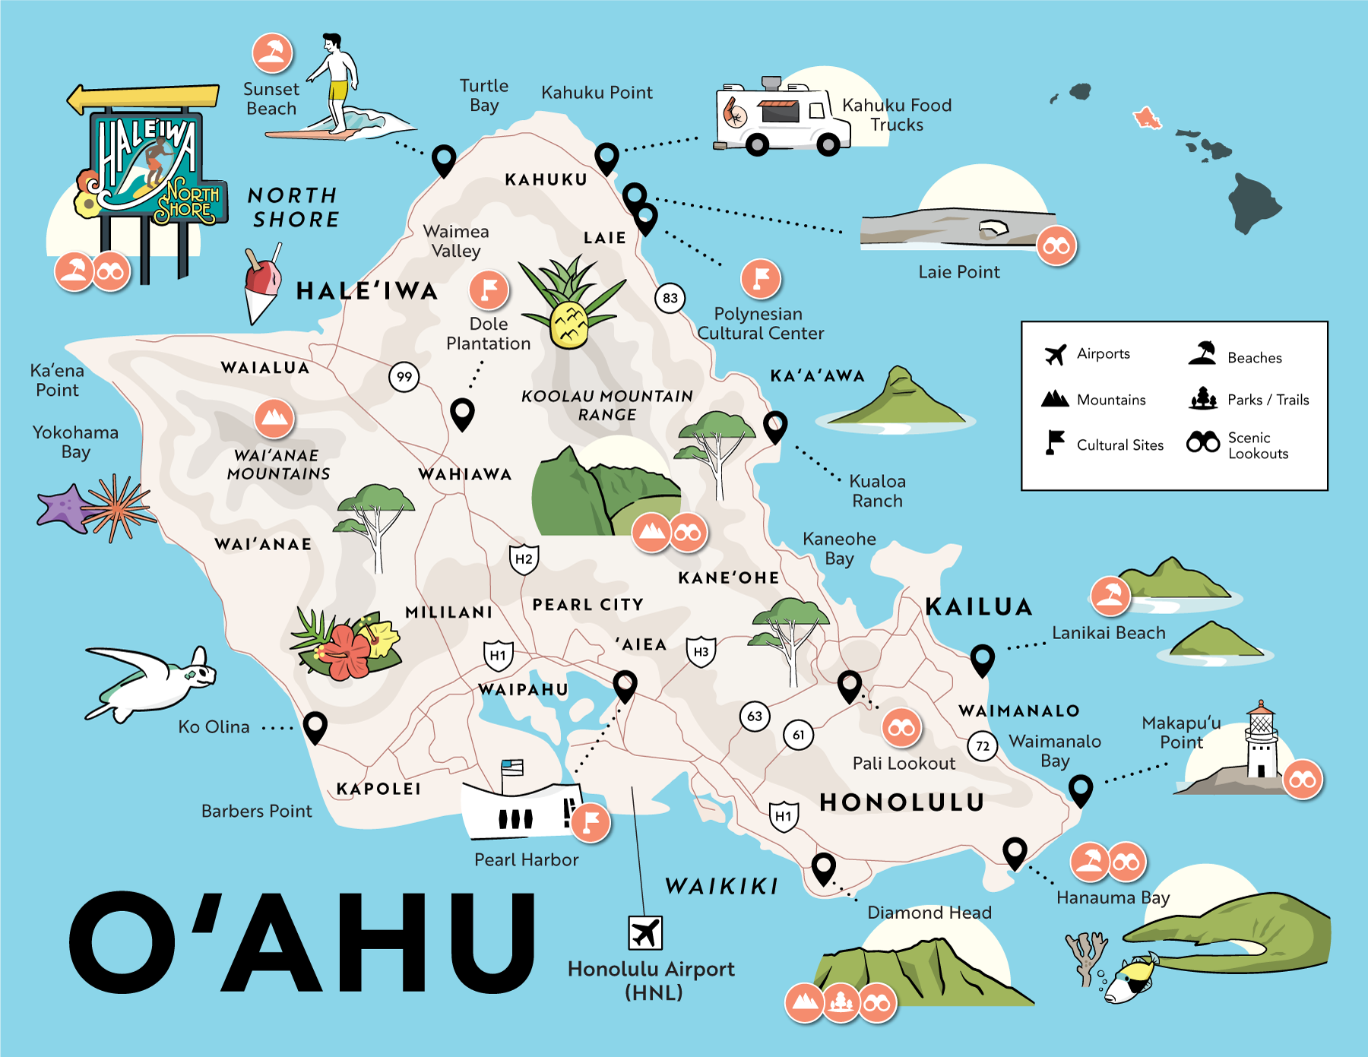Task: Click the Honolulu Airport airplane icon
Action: [x=645, y=932]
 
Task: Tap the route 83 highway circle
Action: [x=670, y=298]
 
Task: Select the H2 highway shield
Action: [x=524, y=559]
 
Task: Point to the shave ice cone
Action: [x=261, y=285]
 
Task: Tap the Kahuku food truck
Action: [x=775, y=118]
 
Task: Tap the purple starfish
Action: [x=64, y=508]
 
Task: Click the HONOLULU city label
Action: [x=901, y=802]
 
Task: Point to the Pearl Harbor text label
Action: [x=526, y=859]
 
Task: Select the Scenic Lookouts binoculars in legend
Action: [x=1202, y=442]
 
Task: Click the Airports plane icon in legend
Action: [x=1055, y=354]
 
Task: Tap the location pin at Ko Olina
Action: [x=315, y=726]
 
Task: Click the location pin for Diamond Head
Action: [x=823, y=867]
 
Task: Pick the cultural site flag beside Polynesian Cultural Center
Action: [x=761, y=279]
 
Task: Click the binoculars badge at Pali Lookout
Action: [x=901, y=729]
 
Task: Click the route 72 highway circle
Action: [x=982, y=746]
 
